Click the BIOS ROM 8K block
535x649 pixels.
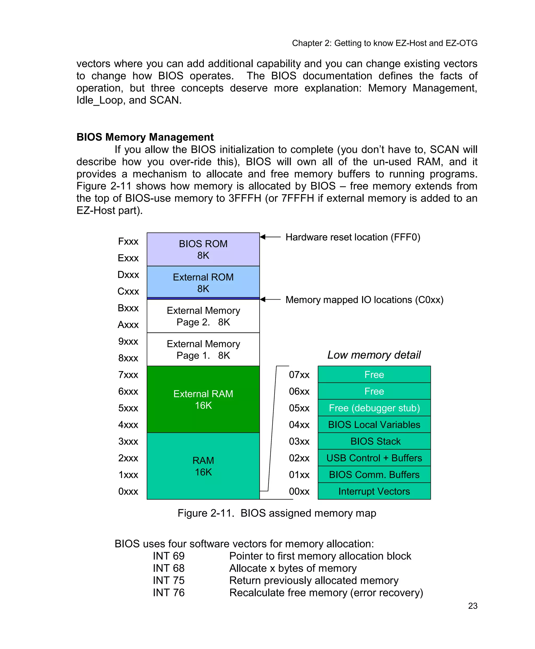203,249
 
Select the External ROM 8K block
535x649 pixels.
203,283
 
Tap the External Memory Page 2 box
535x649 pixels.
203,316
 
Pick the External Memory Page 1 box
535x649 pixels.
203,349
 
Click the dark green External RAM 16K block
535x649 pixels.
203,399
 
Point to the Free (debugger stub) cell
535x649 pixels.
374,408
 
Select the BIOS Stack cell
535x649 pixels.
374,441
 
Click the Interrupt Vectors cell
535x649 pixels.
374,491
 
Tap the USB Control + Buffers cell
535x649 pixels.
374,458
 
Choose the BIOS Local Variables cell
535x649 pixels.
374,425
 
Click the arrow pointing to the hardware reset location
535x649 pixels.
270,237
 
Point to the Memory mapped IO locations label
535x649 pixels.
364,300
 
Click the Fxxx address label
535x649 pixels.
128,241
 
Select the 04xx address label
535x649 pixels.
299,425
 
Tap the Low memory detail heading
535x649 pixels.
374,355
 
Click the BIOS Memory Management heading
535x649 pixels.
145,137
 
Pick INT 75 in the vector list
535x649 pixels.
168,580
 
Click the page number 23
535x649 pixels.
473,606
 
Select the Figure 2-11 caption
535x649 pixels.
277,513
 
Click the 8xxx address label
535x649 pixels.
128,358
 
